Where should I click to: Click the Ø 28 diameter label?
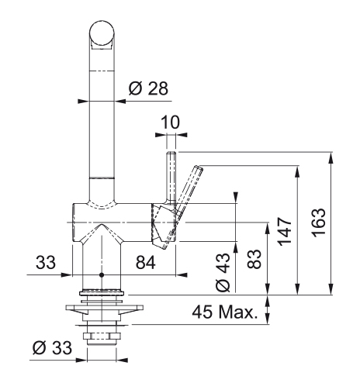[x=148, y=88]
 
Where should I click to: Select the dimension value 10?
[x=170, y=122]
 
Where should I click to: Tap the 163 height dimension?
[x=318, y=223]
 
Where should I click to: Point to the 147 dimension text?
[x=285, y=231]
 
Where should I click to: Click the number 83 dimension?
[x=254, y=259]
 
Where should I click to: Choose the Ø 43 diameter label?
[x=223, y=272]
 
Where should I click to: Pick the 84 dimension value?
[x=146, y=263]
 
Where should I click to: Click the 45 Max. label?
[x=225, y=312]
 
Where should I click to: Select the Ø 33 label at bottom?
[x=52, y=347]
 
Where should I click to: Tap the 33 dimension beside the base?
[x=46, y=262]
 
